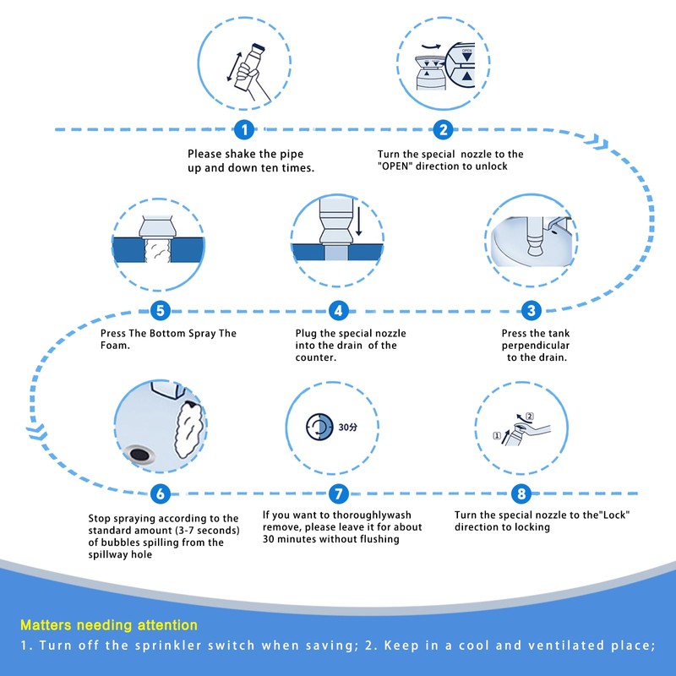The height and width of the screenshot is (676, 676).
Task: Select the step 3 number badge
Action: (x=531, y=310)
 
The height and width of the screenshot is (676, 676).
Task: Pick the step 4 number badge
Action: (x=338, y=310)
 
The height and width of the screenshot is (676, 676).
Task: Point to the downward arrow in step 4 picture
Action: (x=358, y=221)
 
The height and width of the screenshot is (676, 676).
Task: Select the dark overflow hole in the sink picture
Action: (x=140, y=454)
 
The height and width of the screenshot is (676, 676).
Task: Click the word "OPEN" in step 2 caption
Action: (x=396, y=166)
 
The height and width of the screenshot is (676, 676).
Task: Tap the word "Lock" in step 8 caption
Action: (x=616, y=515)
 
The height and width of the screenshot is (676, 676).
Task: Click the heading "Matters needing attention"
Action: (x=109, y=625)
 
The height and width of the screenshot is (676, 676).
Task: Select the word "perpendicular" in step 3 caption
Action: (x=536, y=346)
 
